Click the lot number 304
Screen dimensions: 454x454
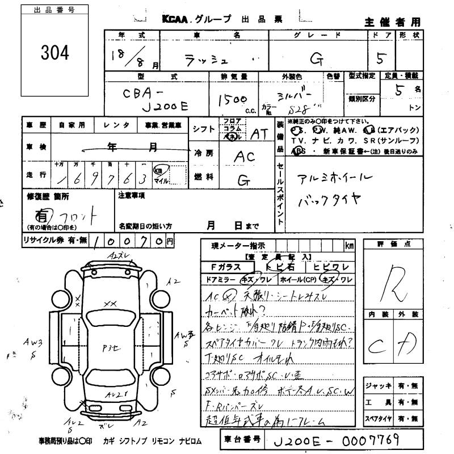[54, 53]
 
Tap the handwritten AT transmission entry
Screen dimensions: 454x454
[259, 134]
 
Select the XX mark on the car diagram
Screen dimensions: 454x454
[110, 304]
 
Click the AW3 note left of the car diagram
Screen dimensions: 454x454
[32, 343]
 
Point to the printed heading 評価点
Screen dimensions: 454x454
[401, 244]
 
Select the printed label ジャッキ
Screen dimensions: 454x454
[378, 385]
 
